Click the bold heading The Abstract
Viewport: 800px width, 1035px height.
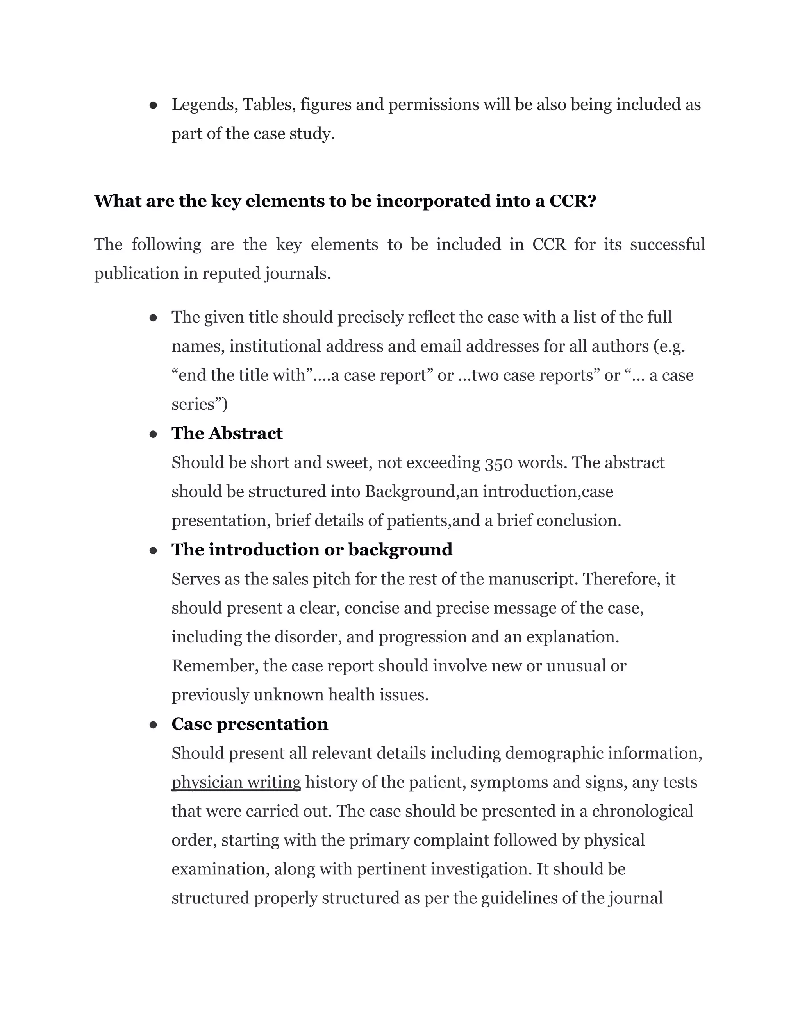pyautogui.click(x=227, y=433)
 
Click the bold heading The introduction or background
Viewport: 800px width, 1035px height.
pyautogui.click(x=312, y=550)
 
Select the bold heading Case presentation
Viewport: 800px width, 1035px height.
pyautogui.click(x=250, y=724)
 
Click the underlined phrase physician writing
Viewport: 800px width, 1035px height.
pyautogui.click(x=236, y=782)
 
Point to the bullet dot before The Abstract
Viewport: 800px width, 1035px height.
pyautogui.click(x=153, y=434)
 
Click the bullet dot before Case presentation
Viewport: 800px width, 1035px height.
pyautogui.click(x=153, y=725)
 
